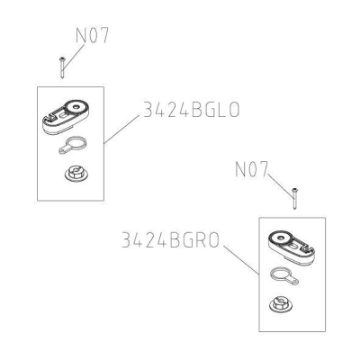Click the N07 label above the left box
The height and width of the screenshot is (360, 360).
tap(92, 35)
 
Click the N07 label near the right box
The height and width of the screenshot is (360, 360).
tap(251, 169)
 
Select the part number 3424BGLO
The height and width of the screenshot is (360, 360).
tap(192, 110)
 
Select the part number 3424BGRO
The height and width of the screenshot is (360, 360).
tap(171, 240)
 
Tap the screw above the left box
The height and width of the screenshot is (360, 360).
tap(62, 67)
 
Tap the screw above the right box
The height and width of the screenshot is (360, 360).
tap(295, 198)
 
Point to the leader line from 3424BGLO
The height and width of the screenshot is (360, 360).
tap(121, 130)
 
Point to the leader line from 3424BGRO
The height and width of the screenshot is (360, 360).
tap(241, 260)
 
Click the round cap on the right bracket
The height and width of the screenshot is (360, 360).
tap(281, 238)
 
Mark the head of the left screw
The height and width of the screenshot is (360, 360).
tap(62, 58)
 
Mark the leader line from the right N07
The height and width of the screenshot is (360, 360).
tap(281, 185)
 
